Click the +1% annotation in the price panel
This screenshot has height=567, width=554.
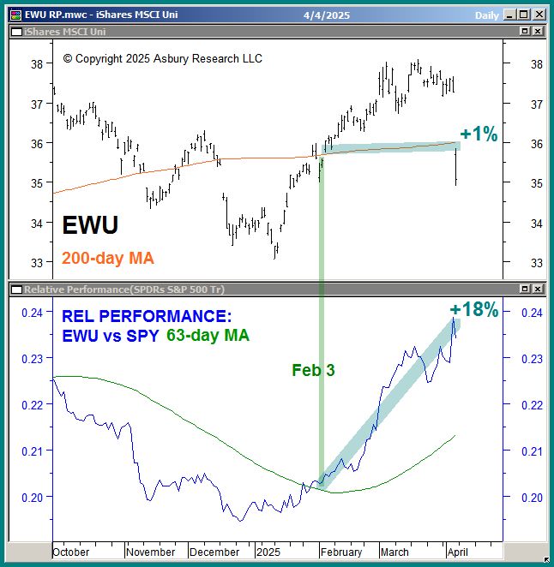479,134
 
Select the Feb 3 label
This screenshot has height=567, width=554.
313,370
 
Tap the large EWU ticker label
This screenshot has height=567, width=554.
90,225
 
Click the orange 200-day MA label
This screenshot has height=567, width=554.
107,257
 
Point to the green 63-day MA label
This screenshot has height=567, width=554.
208,336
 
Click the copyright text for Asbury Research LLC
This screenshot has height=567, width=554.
163,59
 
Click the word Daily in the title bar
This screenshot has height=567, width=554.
487,15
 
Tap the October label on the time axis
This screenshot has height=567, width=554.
71,552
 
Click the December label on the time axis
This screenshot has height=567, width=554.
214,552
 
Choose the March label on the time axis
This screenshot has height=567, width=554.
395,552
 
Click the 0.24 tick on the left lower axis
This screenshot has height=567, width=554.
31,313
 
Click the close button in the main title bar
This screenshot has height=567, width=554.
539,14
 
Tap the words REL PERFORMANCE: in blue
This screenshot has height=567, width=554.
147,316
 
